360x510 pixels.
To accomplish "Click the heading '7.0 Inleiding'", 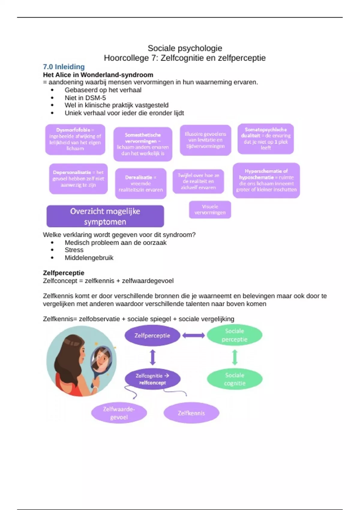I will click(64, 67).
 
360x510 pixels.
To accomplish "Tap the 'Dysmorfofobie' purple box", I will click(75, 139).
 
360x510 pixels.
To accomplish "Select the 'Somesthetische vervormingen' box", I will click(143, 144).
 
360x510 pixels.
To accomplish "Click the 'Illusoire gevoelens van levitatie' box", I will click(205, 140).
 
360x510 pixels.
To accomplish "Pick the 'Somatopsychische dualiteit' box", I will click(266, 139).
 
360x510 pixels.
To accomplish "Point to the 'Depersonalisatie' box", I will click(78, 179).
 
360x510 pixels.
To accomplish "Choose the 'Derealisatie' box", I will click(141, 183).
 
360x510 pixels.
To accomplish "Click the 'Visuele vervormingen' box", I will click(210, 209).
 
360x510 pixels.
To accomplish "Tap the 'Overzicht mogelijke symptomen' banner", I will click(105, 216).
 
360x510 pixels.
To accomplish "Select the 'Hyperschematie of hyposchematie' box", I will click(266, 180).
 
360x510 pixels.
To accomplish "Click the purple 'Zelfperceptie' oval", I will click(152, 335).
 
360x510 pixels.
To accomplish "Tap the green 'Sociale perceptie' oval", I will click(235, 335).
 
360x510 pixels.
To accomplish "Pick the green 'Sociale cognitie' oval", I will click(235, 379).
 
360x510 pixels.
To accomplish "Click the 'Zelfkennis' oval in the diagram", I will click(191, 413).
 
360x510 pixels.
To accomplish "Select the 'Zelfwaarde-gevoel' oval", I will click(119, 413).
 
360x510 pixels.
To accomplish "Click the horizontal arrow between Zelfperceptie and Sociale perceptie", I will click(193, 335).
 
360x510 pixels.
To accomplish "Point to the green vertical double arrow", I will click(235, 357).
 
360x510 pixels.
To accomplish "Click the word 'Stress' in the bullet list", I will click(74, 250).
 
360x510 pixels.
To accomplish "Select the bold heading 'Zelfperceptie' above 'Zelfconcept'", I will click(64, 273).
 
